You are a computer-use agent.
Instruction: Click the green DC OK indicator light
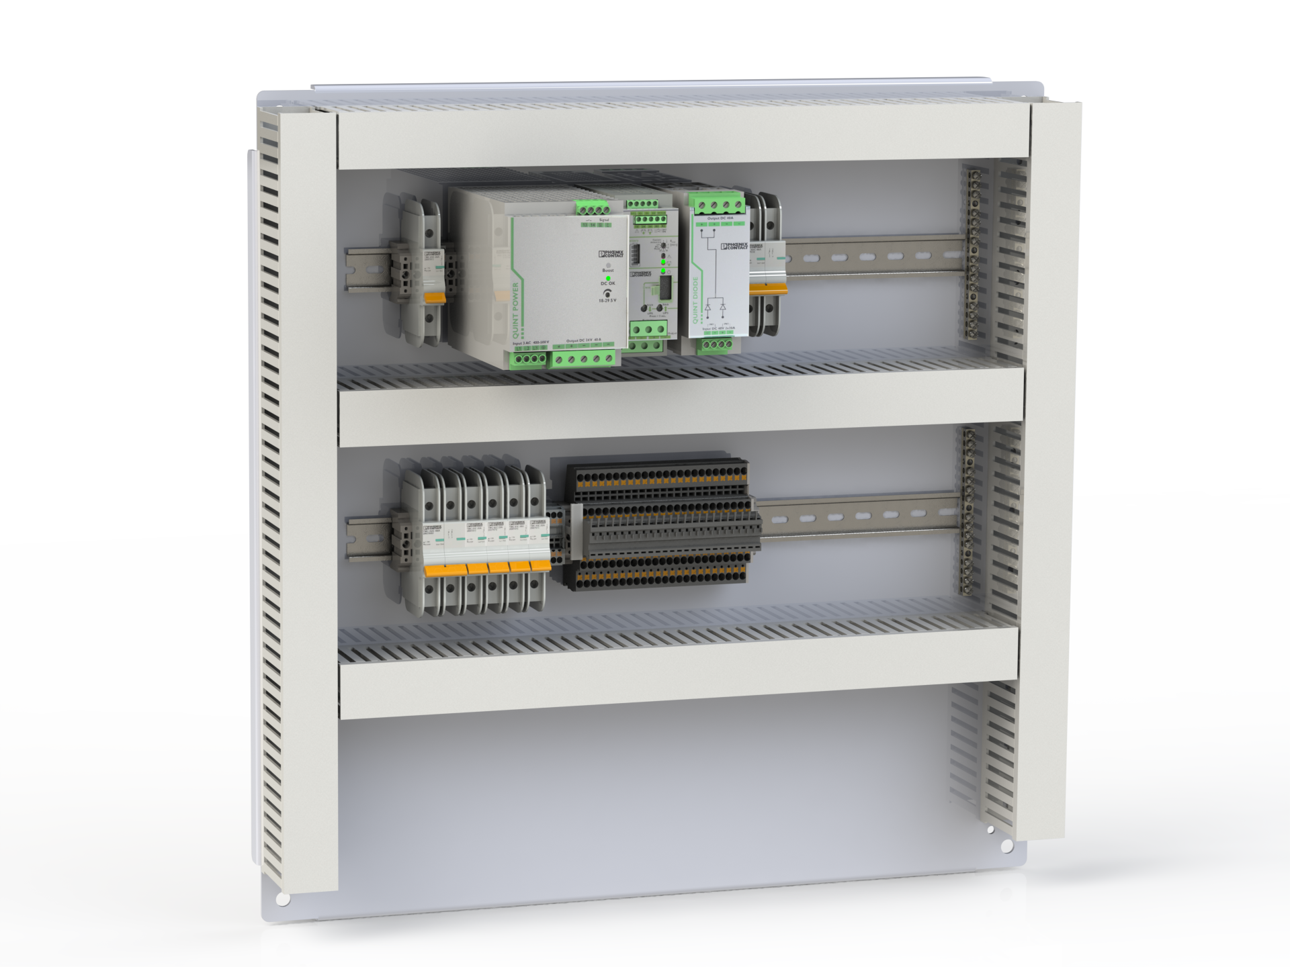pyautogui.click(x=608, y=277)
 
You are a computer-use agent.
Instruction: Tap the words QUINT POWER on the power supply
pyautogui.click(x=516, y=310)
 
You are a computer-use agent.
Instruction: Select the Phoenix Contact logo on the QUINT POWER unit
pyautogui.click(x=610, y=254)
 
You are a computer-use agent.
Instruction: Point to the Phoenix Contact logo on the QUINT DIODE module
pyautogui.click(x=734, y=246)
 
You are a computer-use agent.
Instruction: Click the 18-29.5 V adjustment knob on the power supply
pyautogui.click(x=609, y=293)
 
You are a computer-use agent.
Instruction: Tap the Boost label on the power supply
pyautogui.click(x=608, y=269)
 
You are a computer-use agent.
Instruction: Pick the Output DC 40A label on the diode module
pyautogui.click(x=720, y=219)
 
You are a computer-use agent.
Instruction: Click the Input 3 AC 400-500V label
pyautogui.click(x=531, y=343)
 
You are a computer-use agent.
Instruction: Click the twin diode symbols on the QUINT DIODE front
pyautogui.click(x=715, y=308)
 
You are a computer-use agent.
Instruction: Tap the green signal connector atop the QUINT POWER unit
pyautogui.click(x=591, y=210)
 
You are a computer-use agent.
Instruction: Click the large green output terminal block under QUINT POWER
pyautogui.click(x=585, y=359)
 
